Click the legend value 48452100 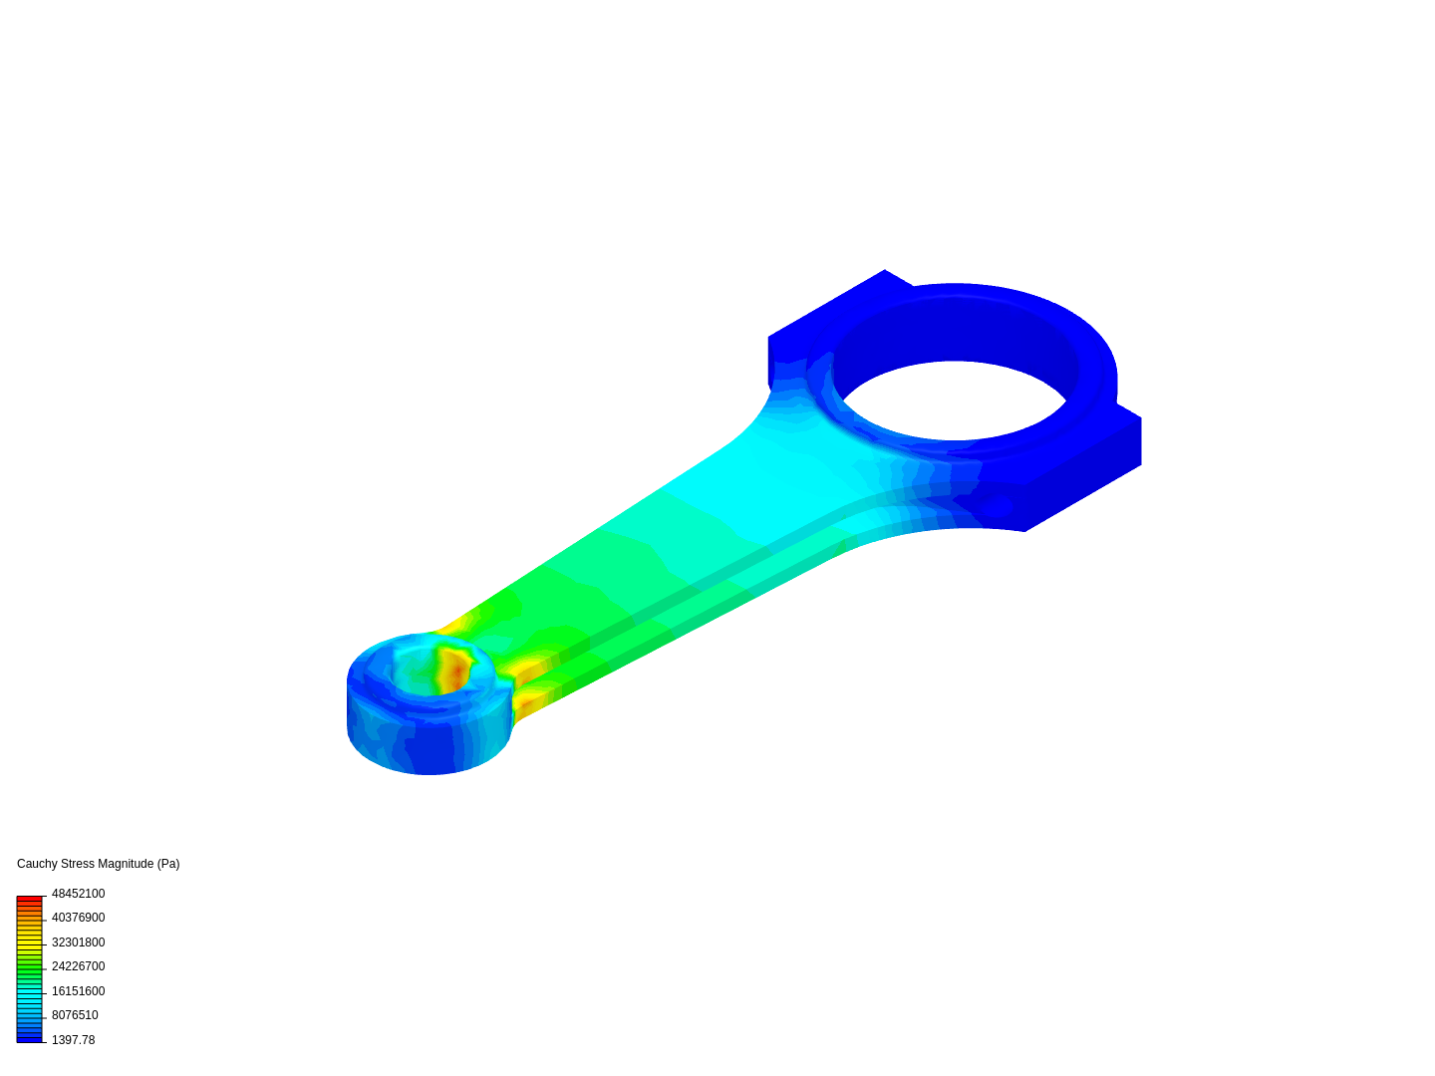(78, 894)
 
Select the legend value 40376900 (78, 918)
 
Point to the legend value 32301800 (78, 942)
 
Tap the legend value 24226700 (78, 966)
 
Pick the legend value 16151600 (78, 991)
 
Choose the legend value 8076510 (75, 1015)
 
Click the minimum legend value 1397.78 (73, 1040)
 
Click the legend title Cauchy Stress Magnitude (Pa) (98, 864)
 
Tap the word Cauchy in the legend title (37, 864)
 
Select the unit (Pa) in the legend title (168, 864)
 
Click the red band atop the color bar (30, 900)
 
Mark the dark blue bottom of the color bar (30, 1038)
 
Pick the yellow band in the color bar (30, 939)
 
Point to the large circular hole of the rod (954, 399)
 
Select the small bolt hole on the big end (993, 508)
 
